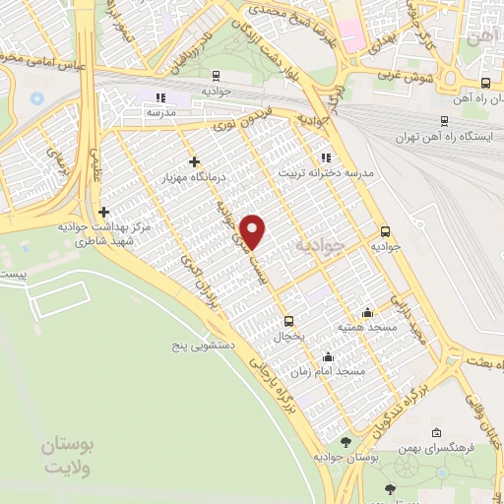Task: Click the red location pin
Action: click(255, 231)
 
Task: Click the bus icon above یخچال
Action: click(288, 320)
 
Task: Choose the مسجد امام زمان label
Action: click(337, 372)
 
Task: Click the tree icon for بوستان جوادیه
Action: click(346, 442)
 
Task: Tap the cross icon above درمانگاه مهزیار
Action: click(194, 161)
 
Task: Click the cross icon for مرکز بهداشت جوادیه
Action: click(103, 211)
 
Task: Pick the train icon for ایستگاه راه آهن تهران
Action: click(445, 120)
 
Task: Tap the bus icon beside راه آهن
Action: click(484, 84)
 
